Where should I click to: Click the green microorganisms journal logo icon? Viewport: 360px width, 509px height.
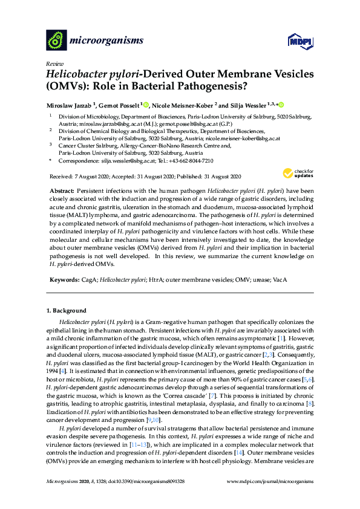click(x=56, y=40)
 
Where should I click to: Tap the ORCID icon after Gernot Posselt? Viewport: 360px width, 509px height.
click(x=147, y=105)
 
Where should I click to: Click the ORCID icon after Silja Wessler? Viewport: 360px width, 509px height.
click(x=281, y=105)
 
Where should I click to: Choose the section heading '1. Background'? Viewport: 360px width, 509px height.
click(x=67, y=311)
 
